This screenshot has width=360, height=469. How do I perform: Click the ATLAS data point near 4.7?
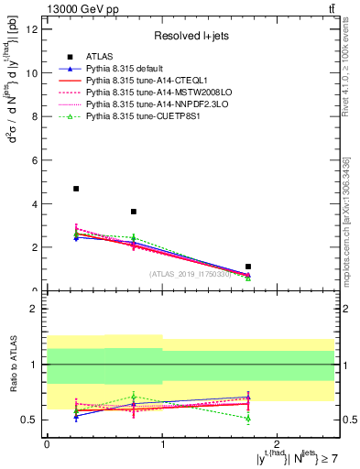click(76, 189)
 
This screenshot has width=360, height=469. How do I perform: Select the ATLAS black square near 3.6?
click(134, 212)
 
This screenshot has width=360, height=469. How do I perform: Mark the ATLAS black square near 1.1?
click(248, 267)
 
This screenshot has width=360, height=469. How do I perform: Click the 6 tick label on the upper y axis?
click(35, 160)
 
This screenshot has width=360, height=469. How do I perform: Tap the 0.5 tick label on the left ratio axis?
click(30, 420)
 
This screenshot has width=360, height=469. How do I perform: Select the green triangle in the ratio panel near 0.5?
click(248, 418)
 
